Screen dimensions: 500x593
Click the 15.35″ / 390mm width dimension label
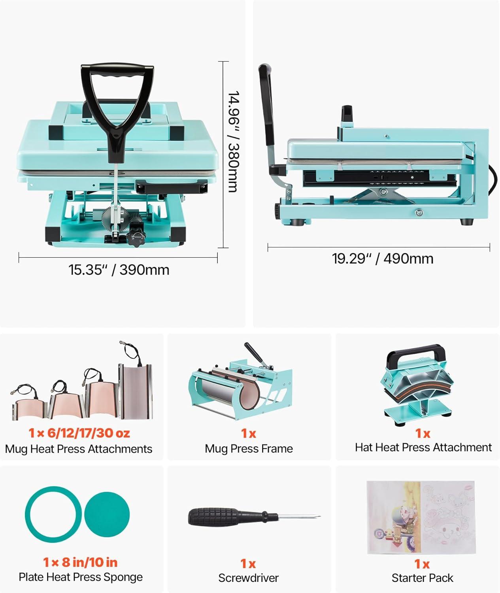click(119, 270)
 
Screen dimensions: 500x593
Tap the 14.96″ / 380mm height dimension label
click(235, 142)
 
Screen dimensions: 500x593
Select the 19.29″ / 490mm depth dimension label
click(383, 259)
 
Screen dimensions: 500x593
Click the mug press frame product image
click(240, 382)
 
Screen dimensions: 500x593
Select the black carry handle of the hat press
click(415, 353)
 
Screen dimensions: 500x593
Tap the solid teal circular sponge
click(107, 514)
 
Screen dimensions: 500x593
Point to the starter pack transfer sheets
click(421, 517)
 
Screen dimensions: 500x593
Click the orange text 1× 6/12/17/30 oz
click(79, 433)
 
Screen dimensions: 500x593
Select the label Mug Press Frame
click(249, 448)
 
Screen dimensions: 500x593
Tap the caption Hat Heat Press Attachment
click(423, 447)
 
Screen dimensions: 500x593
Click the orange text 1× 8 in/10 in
click(80, 562)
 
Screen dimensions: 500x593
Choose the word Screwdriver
click(249, 578)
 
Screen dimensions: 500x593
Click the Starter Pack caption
click(422, 578)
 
